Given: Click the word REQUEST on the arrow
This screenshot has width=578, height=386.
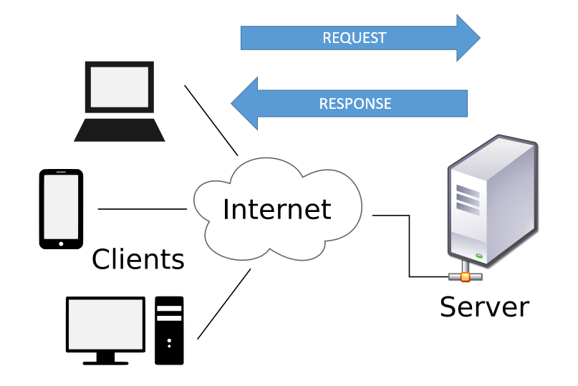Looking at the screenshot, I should tap(354, 38).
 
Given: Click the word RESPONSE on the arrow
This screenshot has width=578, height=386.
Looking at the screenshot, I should tap(355, 103).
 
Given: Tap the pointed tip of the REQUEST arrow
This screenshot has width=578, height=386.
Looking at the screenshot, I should tap(478, 37).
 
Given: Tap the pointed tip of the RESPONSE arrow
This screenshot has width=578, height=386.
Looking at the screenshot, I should tap(233, 103).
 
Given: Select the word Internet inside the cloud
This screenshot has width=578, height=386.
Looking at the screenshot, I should tap(276, 209).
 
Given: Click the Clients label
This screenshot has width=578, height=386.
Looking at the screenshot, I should tap(138, 259).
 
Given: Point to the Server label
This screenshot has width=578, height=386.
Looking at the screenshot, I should tap(484, 307).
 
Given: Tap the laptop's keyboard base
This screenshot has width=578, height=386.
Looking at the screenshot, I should tap(120, 130).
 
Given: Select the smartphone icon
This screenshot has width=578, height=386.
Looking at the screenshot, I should tap(61, 208).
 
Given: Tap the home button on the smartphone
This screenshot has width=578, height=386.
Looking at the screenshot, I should tap(61, 243).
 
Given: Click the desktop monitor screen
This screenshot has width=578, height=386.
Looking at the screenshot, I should tap(105, 324).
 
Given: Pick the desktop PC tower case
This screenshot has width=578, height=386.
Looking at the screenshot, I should tap(169, 330).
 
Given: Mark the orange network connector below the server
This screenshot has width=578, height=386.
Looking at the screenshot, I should tap(466, 276).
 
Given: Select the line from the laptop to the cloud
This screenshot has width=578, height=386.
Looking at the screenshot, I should tap(211, 120).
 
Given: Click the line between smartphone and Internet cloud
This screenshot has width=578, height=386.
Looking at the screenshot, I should tap(142, 209).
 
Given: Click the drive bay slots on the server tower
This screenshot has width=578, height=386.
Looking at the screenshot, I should tap(468, 200).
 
